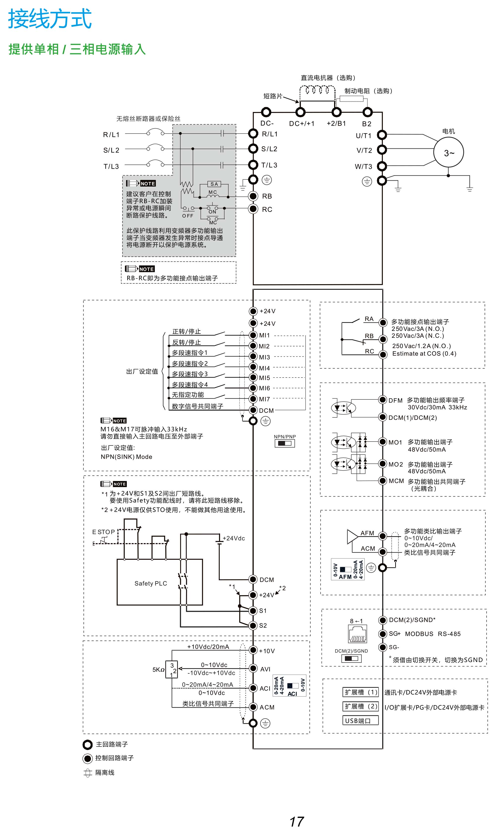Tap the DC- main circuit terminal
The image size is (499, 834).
pos(266,112)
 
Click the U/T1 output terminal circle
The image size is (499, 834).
pos(382,135)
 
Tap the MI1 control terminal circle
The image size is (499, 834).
pos(253,335)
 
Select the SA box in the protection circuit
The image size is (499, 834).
pos(214,184)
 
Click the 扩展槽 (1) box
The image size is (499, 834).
pos(360,692)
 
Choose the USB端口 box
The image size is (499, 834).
pos(360,720)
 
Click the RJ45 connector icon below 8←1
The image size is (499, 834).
pos(358,634)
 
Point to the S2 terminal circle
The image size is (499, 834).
pos(253,625)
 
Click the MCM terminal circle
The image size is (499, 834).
pos(382,481)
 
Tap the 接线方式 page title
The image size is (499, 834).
pos(50,19)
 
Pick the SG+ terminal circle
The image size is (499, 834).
pos(382,634)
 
